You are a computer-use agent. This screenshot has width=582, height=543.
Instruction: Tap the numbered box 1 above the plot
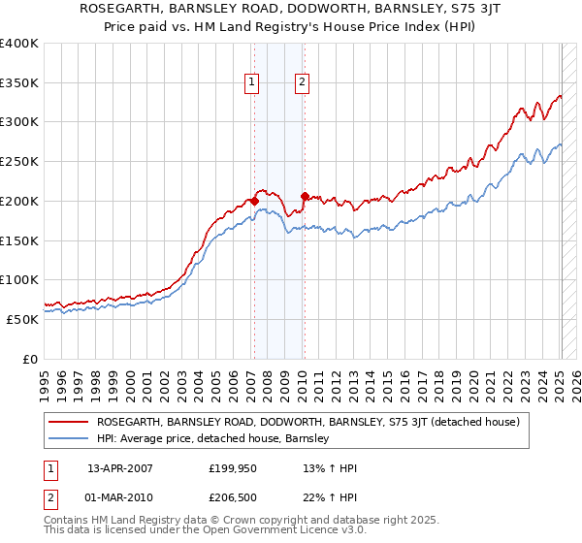251,83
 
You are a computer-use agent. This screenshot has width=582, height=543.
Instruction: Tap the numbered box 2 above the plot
303,83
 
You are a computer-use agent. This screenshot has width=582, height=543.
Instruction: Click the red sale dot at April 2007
254,201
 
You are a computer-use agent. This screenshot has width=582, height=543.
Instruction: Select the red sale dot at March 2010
305,196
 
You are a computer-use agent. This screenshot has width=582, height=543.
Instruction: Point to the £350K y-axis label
19,83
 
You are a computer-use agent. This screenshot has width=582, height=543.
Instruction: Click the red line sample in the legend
68,422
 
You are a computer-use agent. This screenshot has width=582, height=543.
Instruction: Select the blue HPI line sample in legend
68,439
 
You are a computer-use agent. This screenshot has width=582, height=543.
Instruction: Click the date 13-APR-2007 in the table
120,468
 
